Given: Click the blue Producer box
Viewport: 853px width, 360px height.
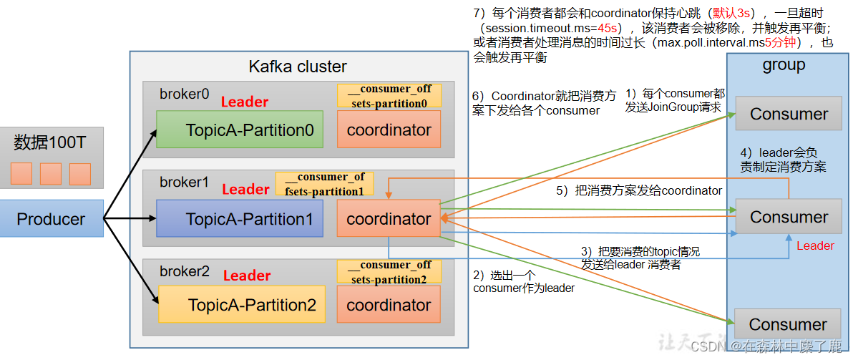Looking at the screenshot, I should point(51,218).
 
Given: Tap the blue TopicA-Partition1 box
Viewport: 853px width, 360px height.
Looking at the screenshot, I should point(240,218).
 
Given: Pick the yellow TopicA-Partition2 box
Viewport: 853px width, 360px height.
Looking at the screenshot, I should point(242,305).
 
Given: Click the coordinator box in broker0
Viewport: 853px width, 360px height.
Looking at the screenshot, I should point(389,130).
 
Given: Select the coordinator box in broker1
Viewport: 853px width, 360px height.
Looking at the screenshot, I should point(389,218).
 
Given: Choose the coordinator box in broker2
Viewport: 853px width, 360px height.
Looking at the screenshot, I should point(389,305).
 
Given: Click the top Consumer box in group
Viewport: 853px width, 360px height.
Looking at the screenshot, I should point(789,114).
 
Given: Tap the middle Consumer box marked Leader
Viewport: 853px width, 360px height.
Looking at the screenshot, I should point(789,217).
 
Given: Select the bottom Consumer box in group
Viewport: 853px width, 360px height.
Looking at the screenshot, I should point(789,324).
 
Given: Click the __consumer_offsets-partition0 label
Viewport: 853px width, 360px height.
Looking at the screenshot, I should point(389,96).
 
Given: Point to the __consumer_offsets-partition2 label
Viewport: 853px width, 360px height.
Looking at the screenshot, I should point(389,271).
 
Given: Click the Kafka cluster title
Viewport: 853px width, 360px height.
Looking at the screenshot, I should point(298,67).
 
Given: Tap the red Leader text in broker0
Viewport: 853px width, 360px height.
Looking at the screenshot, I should point(245,102).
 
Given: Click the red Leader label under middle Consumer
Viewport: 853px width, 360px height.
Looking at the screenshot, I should point(815,245).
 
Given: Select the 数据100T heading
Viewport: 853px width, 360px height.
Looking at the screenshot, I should point(50,142).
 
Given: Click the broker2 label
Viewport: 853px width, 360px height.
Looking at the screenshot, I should point(185,271).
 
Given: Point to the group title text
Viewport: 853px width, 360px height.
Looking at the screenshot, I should point(784,65).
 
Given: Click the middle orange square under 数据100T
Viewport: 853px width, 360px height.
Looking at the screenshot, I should point(51,174).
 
